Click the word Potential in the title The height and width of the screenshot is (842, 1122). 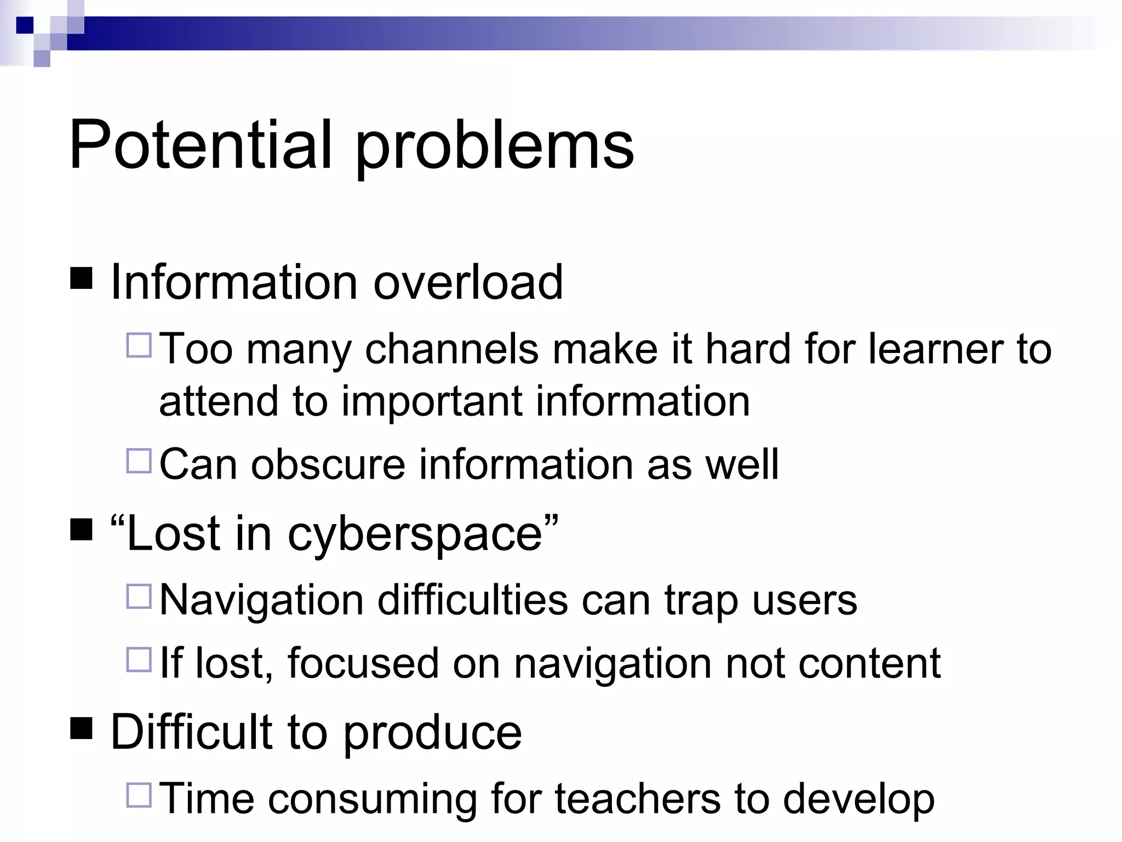(201, 145)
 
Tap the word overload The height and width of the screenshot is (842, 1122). (468, 282)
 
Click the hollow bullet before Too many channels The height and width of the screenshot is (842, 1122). (139, 345)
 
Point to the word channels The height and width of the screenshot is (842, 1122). (451, 349)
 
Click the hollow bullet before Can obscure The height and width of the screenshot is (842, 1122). (139, 460)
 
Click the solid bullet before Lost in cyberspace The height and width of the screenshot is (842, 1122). (82, 530)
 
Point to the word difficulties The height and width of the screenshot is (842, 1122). (472, 600)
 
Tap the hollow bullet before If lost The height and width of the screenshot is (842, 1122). (139, 660)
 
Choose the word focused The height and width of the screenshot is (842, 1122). (363, 663)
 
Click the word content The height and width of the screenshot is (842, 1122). (869, 663)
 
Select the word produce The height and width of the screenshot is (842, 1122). (433, 733)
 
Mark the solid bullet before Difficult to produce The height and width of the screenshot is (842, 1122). (82, 729)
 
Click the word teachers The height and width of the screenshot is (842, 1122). (637, 799)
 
